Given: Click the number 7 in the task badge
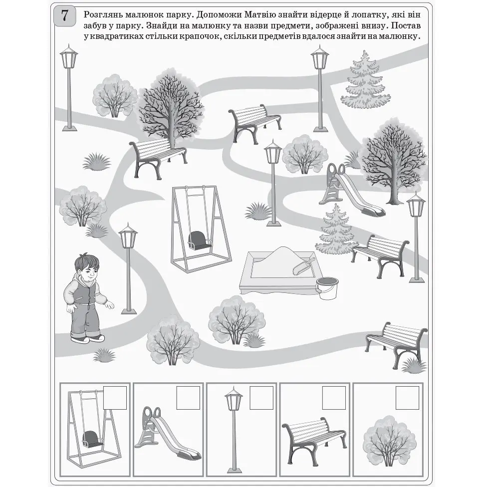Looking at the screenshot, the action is pyautogui.click(x=64, y=15).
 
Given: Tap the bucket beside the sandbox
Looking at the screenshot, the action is pyautogui.click(x=327, y=288).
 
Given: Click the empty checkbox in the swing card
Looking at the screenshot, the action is pyautogui.click(x=115, y=398).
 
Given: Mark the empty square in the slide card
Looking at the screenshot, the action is pyautogui.click(x=188, y=398).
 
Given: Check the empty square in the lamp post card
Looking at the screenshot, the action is pyautogui.click(x=261, y=398).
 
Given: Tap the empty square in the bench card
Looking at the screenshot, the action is pyautogui.click(x=334, y=398).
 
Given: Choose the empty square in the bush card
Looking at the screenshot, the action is pyautogui.click(x=408, y=398).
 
